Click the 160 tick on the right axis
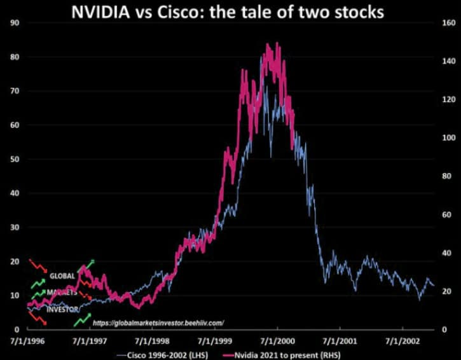(448, 23)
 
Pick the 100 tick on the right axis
(448, 138)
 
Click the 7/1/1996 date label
(27, 342)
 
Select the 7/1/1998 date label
(152, 342)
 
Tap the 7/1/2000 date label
(277, 342)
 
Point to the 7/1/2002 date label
(402, 342)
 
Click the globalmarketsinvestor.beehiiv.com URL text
(158, 323)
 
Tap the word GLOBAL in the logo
(62, 276)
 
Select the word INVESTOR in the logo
(64, 310)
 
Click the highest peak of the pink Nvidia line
(268, 44)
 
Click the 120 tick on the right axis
(448, 100)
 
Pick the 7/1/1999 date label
(214, 342)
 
